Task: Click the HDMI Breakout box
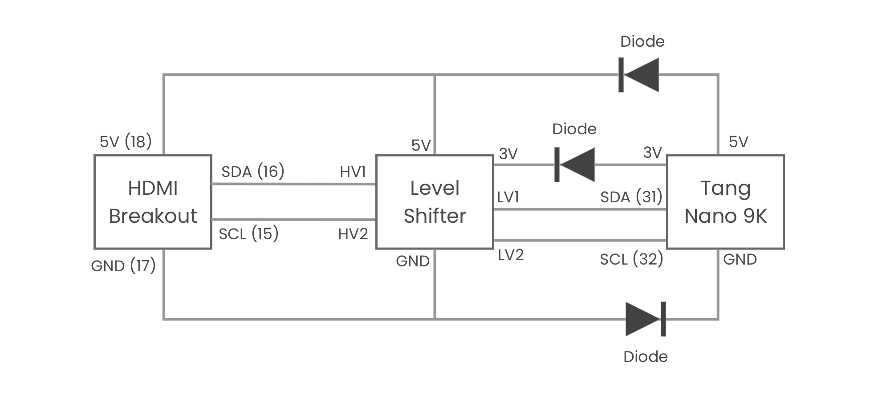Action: coord(153,201)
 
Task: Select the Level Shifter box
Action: coord(435,201)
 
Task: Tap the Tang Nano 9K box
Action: coord(725,201)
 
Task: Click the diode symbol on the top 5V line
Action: coord(639,75)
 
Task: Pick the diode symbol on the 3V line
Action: coord(575,165)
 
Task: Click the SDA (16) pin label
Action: coord(252,171)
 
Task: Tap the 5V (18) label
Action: coord(126,141)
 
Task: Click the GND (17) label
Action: coord(123,266)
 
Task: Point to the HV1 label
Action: coord(353,172)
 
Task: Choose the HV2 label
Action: coord(353,234)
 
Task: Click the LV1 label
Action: coord(508,197)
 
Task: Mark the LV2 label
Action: coord(510,255)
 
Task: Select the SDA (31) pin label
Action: coord(631,197)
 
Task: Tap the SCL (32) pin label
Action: coord(631,259)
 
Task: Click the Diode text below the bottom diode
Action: coord(645,357)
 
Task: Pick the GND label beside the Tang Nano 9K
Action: coord(740,259)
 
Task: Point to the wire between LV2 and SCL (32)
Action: coord(579,241)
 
